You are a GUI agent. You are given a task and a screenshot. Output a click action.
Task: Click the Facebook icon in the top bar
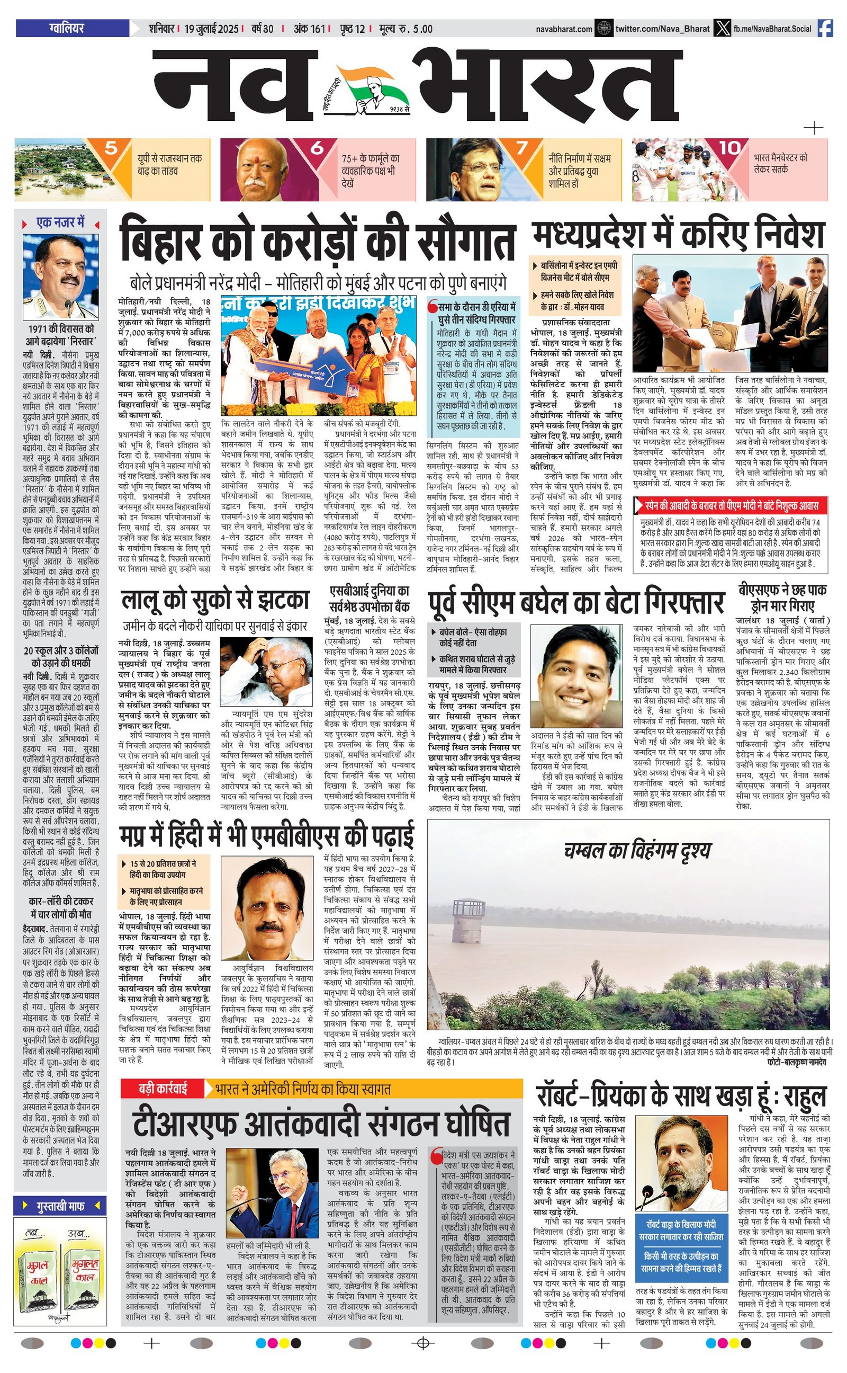[x=824, y=28]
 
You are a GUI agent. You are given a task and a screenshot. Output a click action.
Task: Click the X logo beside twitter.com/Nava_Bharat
[x=720, y=28]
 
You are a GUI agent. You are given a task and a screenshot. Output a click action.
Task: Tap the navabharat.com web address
[x=564, y=29]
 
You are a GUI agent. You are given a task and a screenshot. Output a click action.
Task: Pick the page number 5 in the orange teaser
[x=111, y=148]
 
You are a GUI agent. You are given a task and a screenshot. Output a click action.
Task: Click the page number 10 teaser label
[x=730, y=148]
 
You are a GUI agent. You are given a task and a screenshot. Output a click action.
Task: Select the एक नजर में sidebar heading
[x=60, y=223]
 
